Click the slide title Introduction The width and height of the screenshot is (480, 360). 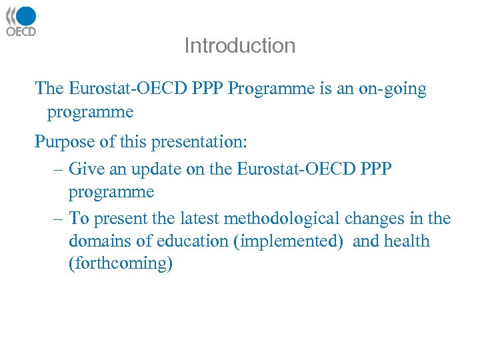point(239,45)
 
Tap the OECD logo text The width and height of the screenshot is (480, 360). point(21,31)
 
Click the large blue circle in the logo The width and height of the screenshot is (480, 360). point(26,16)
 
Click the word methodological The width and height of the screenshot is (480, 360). point(283,219)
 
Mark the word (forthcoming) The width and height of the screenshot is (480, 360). point(120,263)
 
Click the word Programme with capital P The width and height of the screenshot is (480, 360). point(269,89)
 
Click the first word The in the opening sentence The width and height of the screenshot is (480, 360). point(49,89)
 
